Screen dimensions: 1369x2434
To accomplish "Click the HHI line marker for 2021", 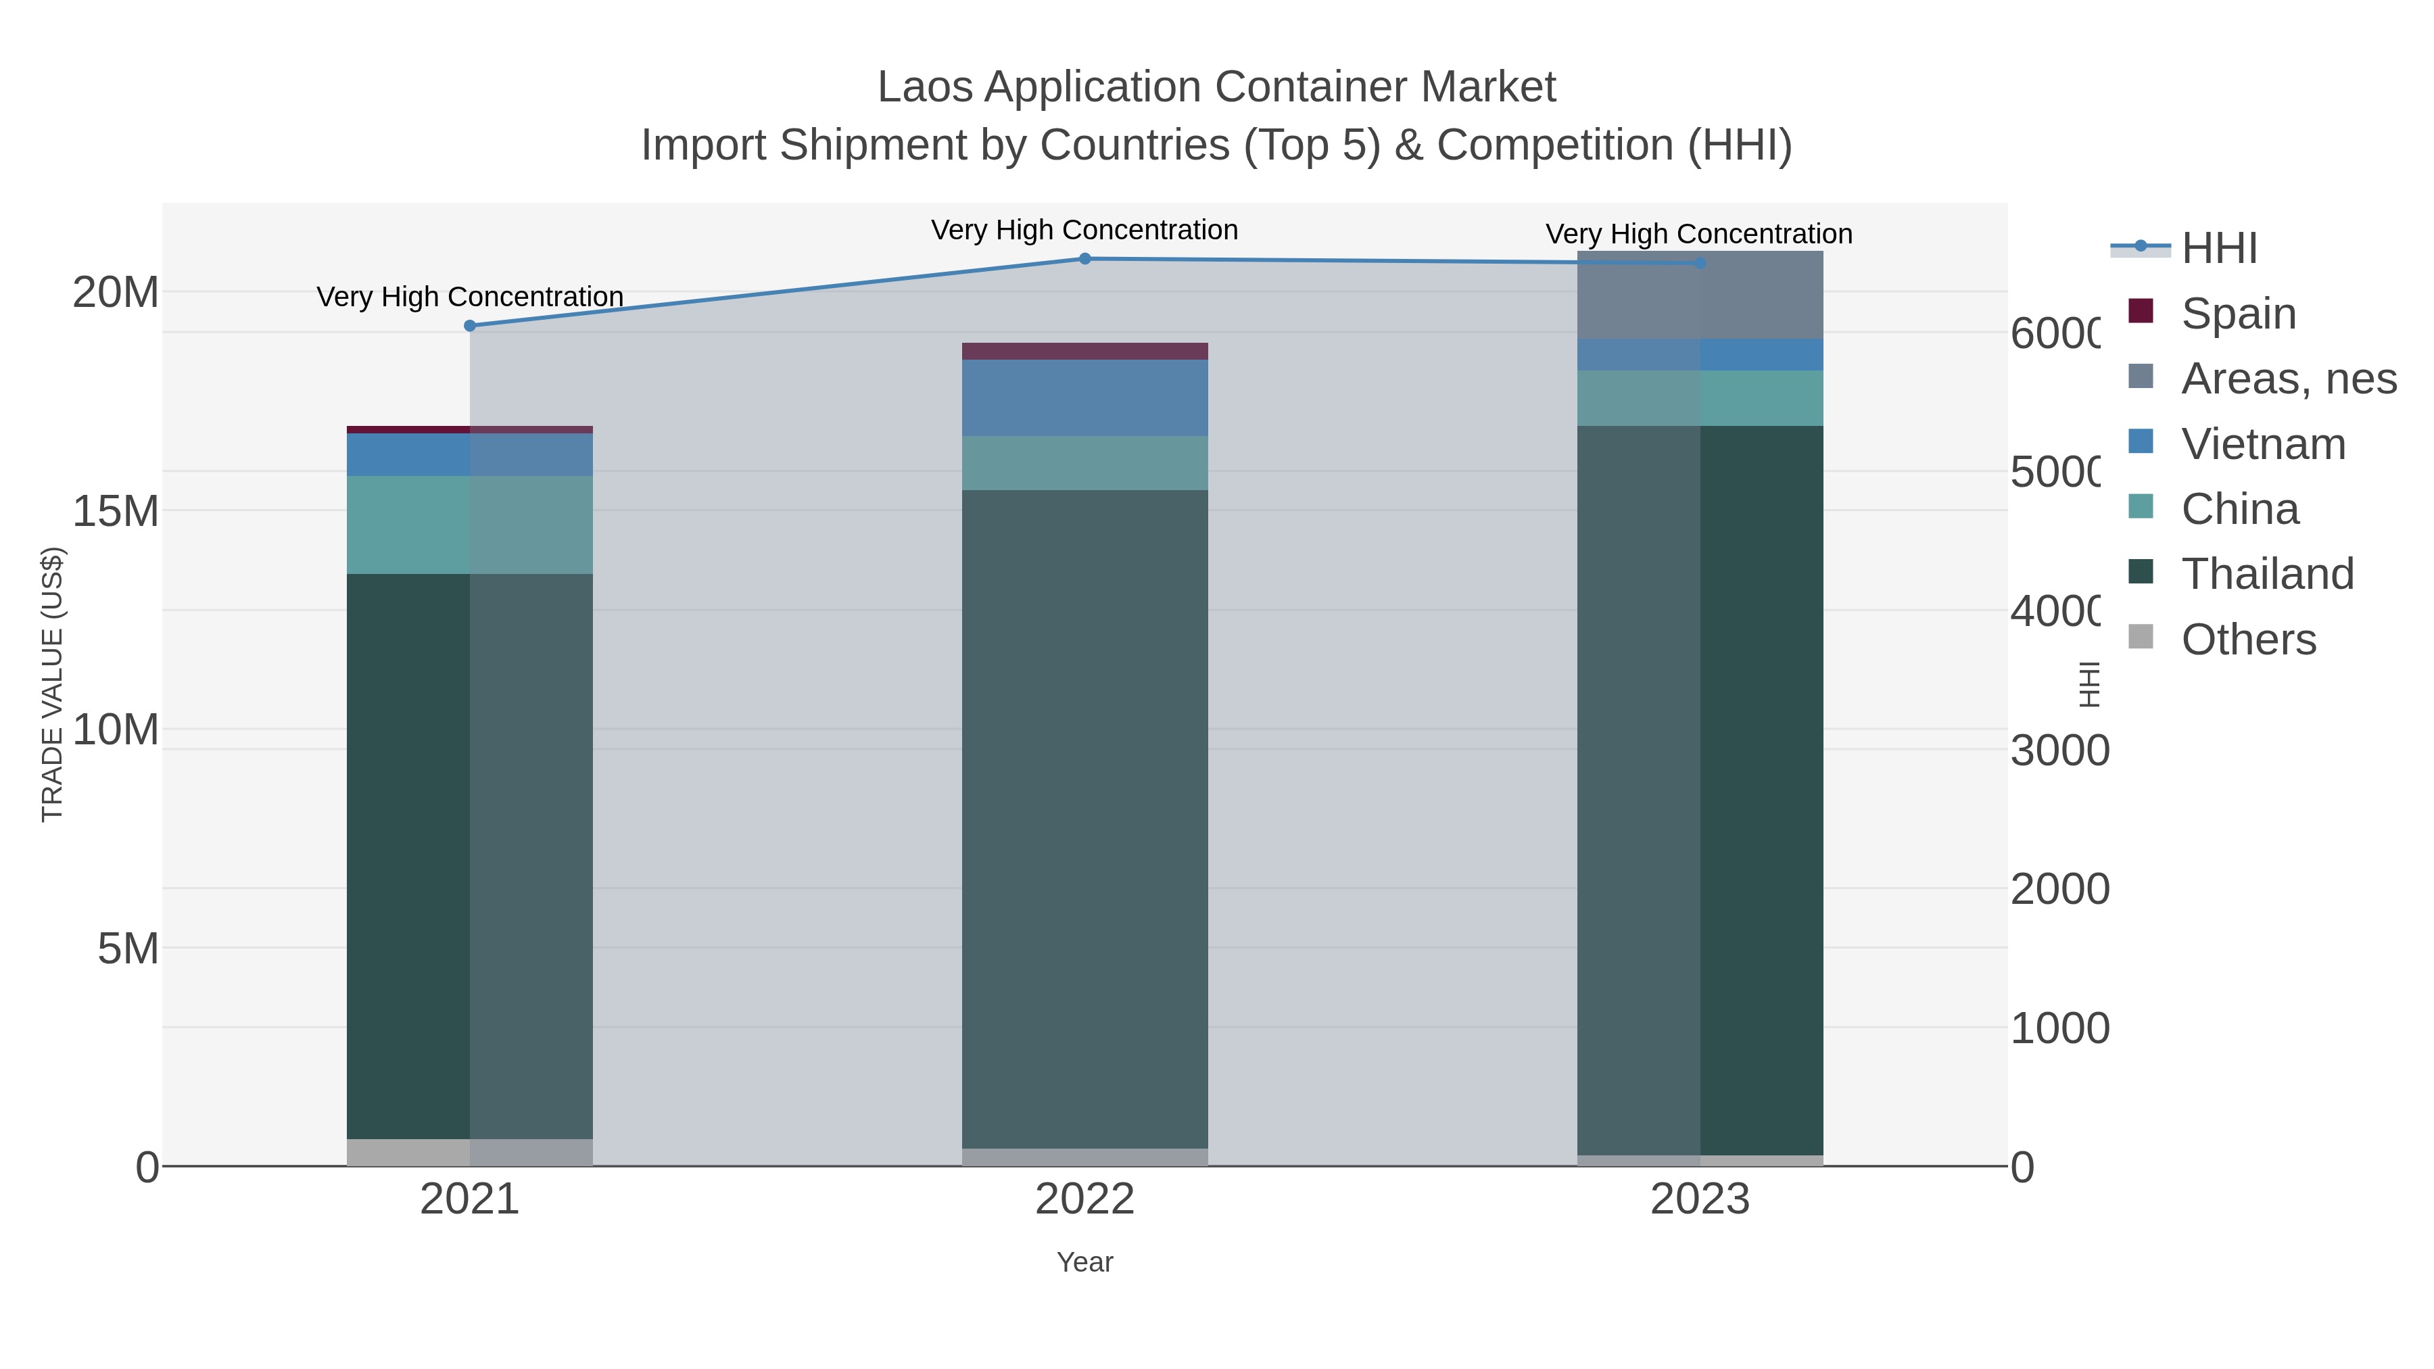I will click(x=470, y=326).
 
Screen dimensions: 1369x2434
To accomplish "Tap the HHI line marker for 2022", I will click(x=1084, y=259).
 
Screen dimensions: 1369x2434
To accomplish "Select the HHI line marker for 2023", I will click(x=1700, y=264).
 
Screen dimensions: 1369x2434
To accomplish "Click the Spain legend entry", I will click(x=2237, y=314).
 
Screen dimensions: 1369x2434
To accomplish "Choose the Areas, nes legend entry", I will click(x=2287, y=379).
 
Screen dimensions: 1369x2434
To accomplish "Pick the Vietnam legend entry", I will click(x=2262, y=444).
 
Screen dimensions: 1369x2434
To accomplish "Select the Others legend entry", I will click(x=2247, y=640).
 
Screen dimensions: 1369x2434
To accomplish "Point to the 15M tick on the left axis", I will click(x=115, y=511).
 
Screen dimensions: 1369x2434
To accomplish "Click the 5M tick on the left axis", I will click(x=128, y=948).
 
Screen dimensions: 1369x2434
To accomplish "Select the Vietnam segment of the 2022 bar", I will click(x=1084, y=398).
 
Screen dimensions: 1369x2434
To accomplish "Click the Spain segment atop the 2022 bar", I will click(x=1084, y=352).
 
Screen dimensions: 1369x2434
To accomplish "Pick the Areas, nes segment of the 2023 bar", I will click(x=1700, y=295).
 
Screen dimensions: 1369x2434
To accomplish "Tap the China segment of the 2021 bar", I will click(x=470, y=525).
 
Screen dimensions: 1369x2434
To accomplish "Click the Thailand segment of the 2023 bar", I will click(x=1700, y=790).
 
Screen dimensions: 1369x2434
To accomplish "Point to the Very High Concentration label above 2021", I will click(x=470, y=297).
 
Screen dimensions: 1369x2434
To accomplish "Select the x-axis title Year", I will click(x=1084, y=1262).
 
